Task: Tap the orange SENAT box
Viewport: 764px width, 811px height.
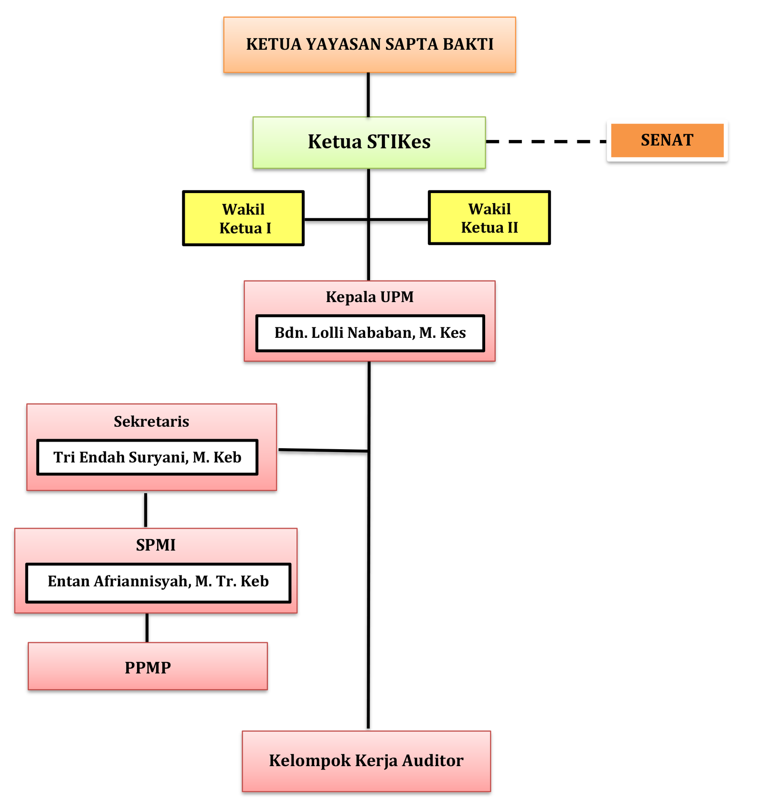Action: pyautogui.click(x=667, y=140)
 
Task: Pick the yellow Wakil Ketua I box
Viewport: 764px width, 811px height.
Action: pyautogui.click(x=243, y=218)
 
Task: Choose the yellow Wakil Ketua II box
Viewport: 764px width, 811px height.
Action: pyautogui.click(x=489, y=218)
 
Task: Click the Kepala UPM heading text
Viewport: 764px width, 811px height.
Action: pyautogui.click(x=370, y=297)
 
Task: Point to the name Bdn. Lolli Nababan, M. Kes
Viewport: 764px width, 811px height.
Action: pyautogui.click(x=370, y=333)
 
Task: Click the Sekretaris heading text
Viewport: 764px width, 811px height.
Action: pyautogui.click(x=151, y=422)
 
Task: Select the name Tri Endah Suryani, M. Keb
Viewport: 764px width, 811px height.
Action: pyautogui.click(x=147, y=457)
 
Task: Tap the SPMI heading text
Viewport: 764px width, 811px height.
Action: pyautogui.click(x=156, y=545)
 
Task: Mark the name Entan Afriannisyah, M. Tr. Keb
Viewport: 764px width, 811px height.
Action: pyautogui.click(x=158, y=581)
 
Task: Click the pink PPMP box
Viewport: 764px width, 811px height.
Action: pyautogui.click(x=148, y=667)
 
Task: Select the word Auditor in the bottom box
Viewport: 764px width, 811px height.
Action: pyautogui.click(x=433, y=760)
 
